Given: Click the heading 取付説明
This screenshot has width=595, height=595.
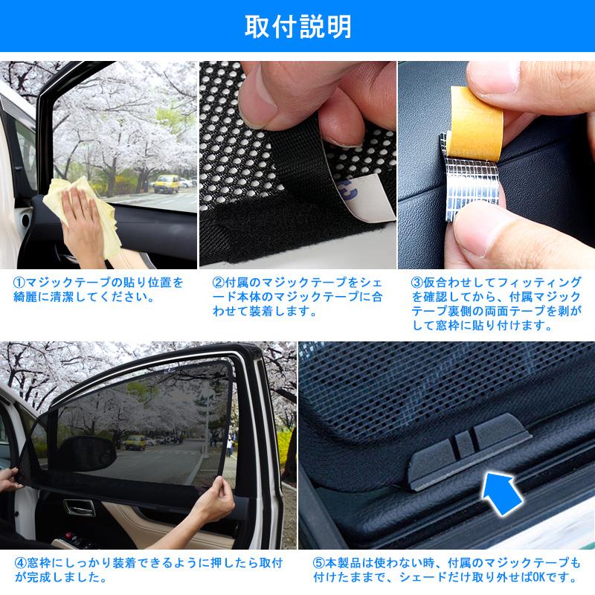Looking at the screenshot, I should (x=297, y=27).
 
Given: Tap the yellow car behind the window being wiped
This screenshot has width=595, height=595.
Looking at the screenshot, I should (x=168, y=183).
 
